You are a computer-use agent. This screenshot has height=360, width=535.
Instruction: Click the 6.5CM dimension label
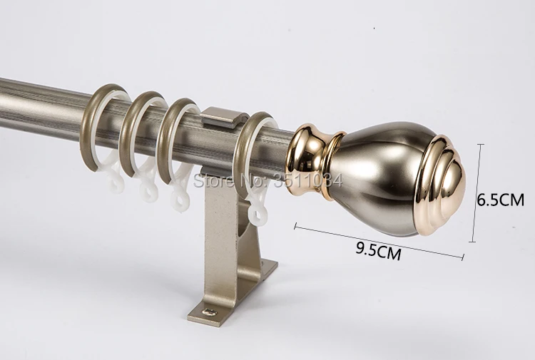(x=500, y=200)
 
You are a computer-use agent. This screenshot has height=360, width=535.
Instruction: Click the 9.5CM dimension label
(x=378, y=251)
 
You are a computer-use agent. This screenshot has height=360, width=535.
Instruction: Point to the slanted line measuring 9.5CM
(x=379, y=241)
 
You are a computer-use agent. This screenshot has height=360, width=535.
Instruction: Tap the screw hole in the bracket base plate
(x=209, y=312)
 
